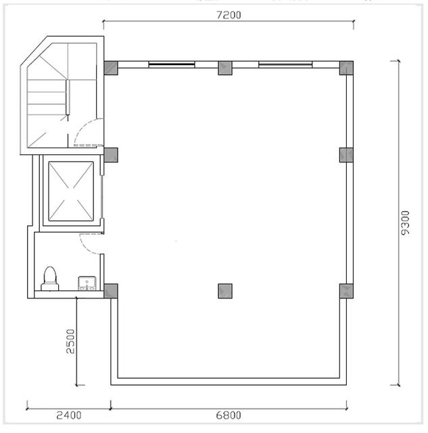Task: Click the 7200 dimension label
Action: point(229,15)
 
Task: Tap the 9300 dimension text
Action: point(405,223)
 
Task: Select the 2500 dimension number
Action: point(70,341)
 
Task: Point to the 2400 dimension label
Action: point(69,415)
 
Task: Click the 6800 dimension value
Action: point(229,415)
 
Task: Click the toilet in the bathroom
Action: point(50,279)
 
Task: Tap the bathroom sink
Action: point(87,283)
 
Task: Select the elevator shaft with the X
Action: point(71,191)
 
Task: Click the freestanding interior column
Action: point(225,291)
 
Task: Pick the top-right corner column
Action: point(346,68)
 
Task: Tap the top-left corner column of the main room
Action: point(111,68)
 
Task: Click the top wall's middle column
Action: point(225,68)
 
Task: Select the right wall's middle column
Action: point(346,155)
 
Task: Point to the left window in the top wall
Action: point(172,65)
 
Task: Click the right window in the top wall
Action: point(285,65)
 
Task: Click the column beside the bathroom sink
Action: point(111,291)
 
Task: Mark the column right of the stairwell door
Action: point(111,155)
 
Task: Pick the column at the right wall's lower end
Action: point(346,291)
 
